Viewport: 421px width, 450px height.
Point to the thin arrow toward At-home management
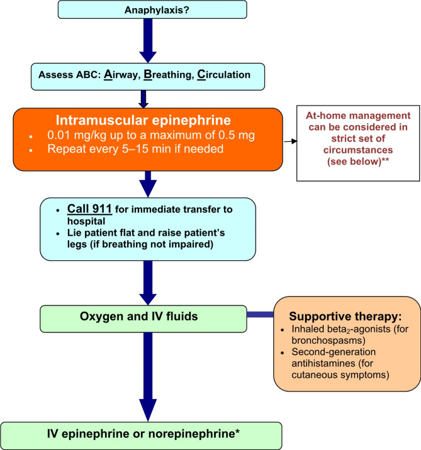(x=291, y=142)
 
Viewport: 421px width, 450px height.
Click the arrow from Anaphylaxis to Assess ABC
(x=144, y=40)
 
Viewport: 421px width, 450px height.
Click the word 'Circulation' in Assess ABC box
(x=229, y=74)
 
